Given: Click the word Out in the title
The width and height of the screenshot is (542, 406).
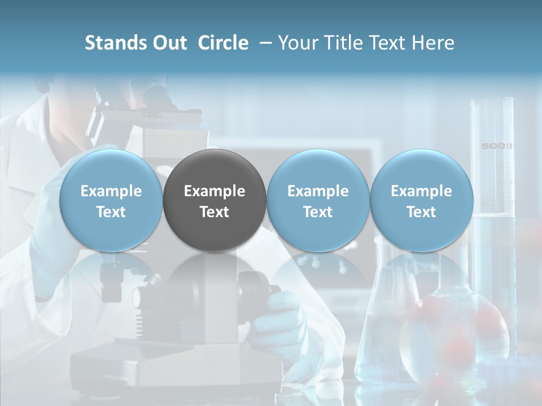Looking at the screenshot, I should click(x=168, y=43).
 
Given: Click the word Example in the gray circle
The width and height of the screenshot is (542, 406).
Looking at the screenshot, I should click(x=215, y=191).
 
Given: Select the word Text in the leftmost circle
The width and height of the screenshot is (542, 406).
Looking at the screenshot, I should click(x=111, y=212).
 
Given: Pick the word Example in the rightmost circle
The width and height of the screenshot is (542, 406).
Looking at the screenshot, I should click(x=421, y=191).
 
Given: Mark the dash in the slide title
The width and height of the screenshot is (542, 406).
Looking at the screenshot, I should click(x=264, y=43).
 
